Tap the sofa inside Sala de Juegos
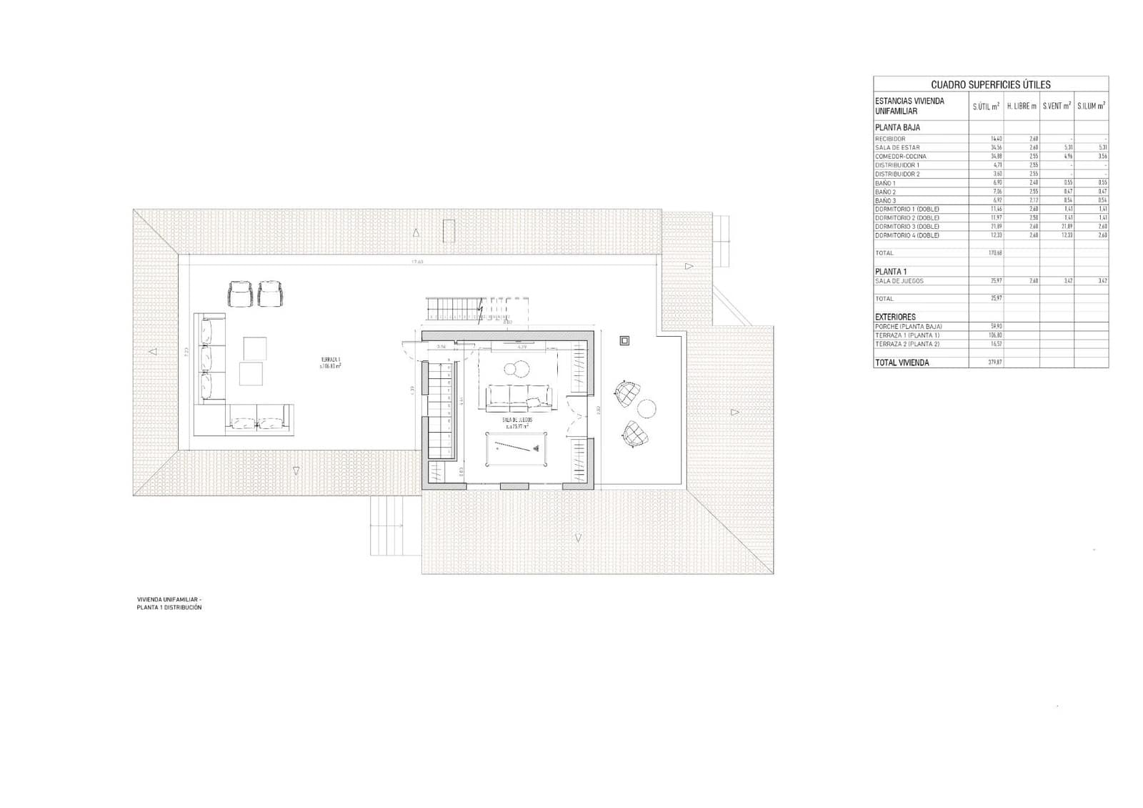pyautogui.click(x=518, y=398)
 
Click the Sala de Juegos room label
pyautogui.click(x=517, y=423)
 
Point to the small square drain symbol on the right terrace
pyautogui.click(x=624, y=340)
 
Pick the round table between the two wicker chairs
pyautogui.click(x=647, y=408)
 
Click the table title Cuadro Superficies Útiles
pyautogui.click(x=990, y=84)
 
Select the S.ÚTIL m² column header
pyautogui.click(x=986, y=106)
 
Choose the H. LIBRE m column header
pyautogui.click(x=1022, y=106)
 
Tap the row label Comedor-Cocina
pyautogui.click(x=900, y=157)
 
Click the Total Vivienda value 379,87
pyautogui.click(x=991, y=363)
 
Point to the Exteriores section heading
pyautogui.click(x=895, y=316)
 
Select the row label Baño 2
pyautogui.click(x=885, y=192)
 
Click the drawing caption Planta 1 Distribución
pyautogui.click(x=169, y=607)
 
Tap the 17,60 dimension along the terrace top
pyautogui.click(x=417, y=262)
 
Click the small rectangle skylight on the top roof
pyautogui.click(x=449, y=231)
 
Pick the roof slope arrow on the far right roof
pyautogui.click(x=734, y=413)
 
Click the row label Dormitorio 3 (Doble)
pyautogui.click(x=907, y=227)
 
